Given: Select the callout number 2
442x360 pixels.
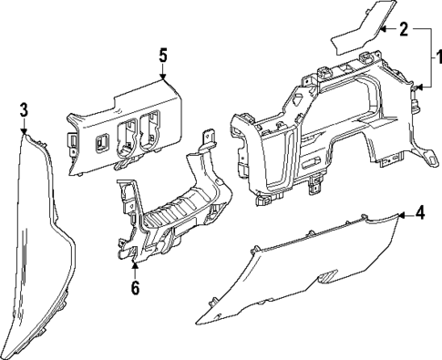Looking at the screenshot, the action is coord(404,29).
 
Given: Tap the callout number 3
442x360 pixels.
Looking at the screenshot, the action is coord(24,109).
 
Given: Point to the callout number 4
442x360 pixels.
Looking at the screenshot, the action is coord(420,214).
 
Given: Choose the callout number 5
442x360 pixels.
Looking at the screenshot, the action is coord(163,56).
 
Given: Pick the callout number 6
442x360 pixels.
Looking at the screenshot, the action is coord(135,287).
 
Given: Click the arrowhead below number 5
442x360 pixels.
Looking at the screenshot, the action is coord(163,77).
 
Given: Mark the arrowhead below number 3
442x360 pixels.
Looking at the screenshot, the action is coord(24,131).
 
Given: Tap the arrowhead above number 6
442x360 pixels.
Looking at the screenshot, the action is coord(135,265).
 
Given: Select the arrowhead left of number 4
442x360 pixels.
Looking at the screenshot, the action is coord(402,215).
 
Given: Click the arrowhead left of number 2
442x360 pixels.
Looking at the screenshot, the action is coord(384,29).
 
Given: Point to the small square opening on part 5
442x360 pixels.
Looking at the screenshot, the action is coord(100,142).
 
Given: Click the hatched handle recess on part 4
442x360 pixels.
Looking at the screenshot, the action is coord(327,276).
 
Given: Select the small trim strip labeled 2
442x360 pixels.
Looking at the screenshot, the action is coord(363,28).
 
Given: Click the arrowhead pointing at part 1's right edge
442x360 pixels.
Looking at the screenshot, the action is coord(420,87).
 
